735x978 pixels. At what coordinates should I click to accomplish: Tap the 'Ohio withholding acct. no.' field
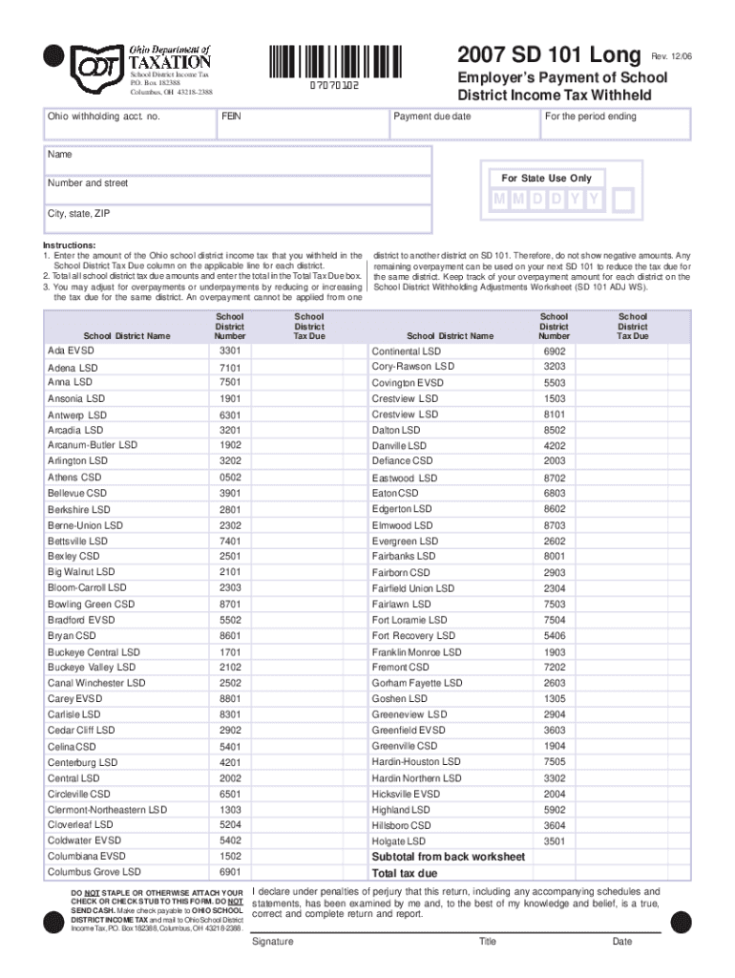click(128, 126)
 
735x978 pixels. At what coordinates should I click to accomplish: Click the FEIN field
click(301, 126)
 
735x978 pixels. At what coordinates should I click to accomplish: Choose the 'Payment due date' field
click(463, 126)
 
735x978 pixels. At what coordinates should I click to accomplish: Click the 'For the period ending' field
click(614, 126)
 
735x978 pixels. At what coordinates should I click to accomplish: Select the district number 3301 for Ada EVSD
click(230, 351)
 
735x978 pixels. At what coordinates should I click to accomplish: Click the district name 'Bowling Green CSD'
click(92, 604)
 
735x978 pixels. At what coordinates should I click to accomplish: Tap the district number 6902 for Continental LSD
click(555, 351)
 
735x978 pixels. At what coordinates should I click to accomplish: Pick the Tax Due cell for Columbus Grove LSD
click(308, 872)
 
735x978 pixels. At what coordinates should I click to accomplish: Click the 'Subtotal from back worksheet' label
click(448, 857)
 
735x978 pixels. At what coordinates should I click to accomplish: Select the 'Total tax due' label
click(405, 873)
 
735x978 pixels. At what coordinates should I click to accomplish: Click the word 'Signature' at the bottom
click(272, 942)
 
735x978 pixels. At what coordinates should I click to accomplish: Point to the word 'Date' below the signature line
click(622, 942)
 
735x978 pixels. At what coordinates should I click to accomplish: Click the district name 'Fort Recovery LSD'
click(410, 636)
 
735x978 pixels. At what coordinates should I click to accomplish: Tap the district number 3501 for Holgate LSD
click(555, 841)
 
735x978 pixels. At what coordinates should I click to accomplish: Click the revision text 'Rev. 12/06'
click(671, 57)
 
